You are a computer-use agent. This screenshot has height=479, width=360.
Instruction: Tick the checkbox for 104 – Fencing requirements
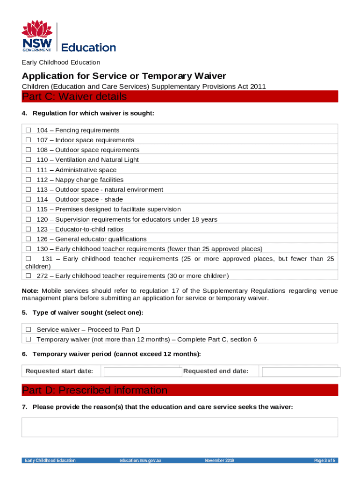point(29,130)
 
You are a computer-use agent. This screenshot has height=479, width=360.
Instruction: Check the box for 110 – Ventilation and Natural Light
point(29,160)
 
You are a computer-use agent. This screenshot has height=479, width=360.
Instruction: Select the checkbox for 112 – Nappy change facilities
point(29,180)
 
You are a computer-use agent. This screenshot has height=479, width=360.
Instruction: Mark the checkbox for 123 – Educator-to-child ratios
point(29,229)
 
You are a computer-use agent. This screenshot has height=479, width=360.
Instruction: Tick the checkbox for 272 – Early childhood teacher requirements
point(29,276)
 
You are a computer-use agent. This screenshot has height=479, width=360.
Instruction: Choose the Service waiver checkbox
point(29,329)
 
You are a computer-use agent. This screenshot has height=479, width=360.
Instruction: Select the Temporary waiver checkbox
point(29,339)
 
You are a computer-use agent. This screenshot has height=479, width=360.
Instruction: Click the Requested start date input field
point(142,372)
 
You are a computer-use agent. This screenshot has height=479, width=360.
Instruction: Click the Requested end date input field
point(301,372)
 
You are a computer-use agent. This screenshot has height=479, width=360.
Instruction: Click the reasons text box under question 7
point(180,427)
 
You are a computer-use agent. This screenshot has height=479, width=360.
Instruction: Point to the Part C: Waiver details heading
point(74,97)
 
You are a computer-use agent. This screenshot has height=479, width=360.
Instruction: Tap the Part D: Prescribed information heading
point(94,390)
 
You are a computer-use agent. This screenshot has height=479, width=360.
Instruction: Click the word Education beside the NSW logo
point(89,47)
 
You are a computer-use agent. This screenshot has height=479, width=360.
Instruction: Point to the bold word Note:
point(30,291)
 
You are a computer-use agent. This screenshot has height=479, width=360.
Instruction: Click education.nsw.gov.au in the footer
point(140,460)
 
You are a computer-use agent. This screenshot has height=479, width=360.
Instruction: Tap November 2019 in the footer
point(219,460)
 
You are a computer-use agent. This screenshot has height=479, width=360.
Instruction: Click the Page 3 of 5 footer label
point(324,460)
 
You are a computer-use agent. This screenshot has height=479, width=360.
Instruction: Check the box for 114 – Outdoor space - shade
point(29,199)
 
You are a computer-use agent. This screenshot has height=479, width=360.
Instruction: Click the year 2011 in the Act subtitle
point(258,86)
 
